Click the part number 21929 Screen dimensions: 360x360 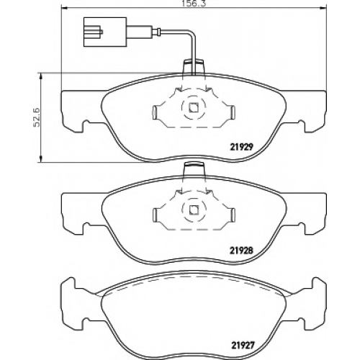pos(242,147)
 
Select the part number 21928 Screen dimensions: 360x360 pos(242,251)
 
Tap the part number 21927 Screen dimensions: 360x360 pos(242,346)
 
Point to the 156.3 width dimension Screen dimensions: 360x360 pos(194,4)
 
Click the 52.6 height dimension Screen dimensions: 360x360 pos(38,117)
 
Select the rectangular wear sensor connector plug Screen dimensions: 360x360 pos(105,32)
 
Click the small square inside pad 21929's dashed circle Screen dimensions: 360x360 pos(194,107)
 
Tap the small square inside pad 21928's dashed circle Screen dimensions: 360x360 pos(194,210)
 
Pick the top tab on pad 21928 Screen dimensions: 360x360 pos(194,170)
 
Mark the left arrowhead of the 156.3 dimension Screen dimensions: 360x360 pos(64,8)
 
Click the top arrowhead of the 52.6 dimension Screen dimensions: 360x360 pos(42,76)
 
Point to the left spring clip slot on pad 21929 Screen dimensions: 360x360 pos(156,112)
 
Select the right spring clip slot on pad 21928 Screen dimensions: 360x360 pos(233,215)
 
